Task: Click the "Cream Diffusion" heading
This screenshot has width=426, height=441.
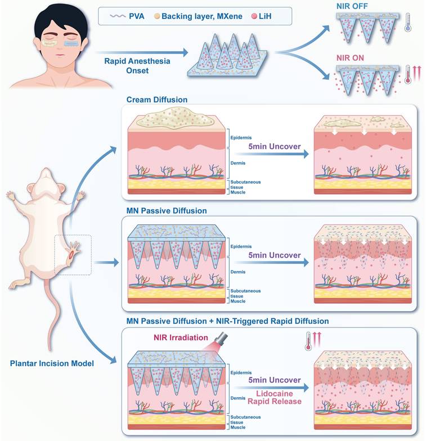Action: [158, 100]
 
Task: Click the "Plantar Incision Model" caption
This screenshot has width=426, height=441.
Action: [52, 363]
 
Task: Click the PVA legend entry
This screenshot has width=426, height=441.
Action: [127, 15]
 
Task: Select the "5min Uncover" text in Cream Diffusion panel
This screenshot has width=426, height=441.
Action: [273, 146]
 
